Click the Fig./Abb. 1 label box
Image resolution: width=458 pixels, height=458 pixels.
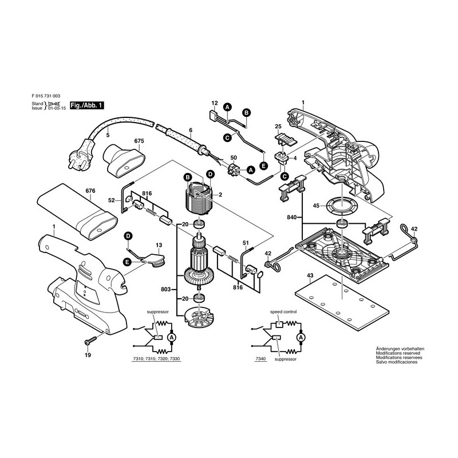86,105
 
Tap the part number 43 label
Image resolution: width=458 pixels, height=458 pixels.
310,276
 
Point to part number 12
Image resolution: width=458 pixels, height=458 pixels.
215,104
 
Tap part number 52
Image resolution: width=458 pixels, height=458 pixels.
112,200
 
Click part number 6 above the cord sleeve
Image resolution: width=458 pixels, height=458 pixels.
190,130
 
